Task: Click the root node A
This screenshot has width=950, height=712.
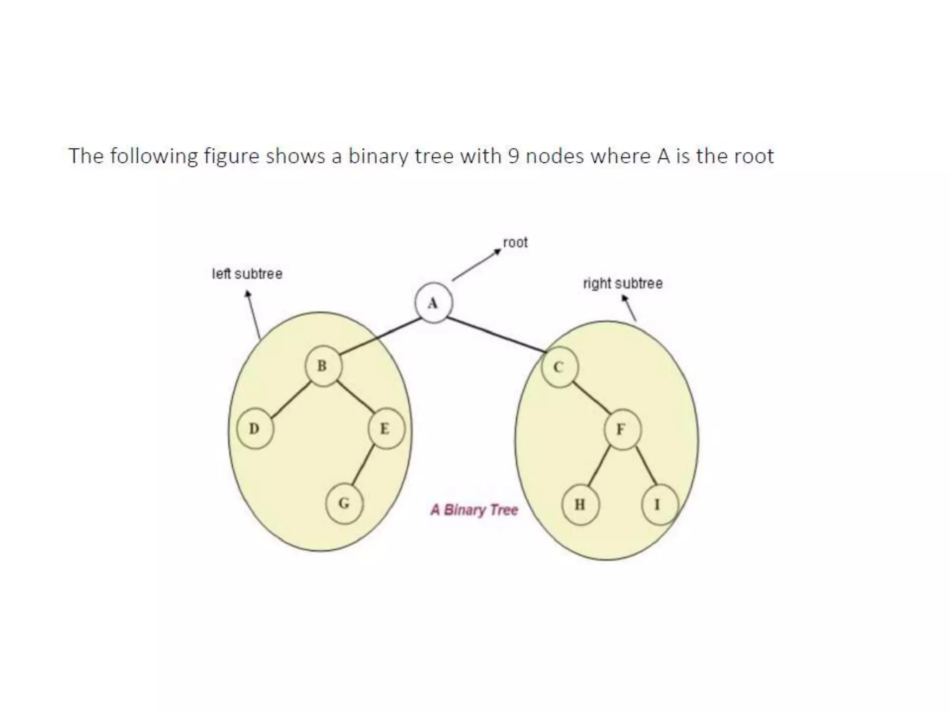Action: pos(433,303)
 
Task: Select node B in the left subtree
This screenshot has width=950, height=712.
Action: pos(323,366)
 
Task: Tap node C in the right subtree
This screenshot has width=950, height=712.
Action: pos(560,367)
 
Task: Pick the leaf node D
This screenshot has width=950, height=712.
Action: pos(255,429)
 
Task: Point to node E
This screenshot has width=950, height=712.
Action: pos(385,429)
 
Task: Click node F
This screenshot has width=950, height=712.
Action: pos(622,430)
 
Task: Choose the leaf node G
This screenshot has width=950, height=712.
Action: pos(344,503)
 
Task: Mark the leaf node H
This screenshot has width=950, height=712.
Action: pos(580,504)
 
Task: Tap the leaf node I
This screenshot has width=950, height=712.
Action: pos(659,504)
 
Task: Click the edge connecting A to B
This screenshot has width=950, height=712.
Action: pos(380,337)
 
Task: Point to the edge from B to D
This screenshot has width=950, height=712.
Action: pos(290,400)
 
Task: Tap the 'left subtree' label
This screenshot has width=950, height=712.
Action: pos(247,274)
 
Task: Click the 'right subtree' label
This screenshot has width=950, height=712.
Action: pos(623,283)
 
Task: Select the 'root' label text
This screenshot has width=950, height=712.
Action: pos(515,242)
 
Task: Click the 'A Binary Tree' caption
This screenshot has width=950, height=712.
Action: pos(474,510)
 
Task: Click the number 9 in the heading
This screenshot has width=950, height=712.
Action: pos(513,156)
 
